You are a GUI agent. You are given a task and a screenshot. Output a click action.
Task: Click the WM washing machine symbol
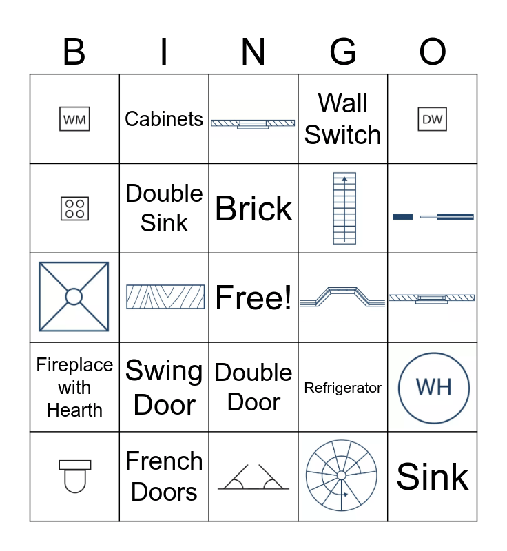tap(74, 119)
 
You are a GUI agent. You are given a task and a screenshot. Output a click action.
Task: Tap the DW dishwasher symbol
tap(432, 119)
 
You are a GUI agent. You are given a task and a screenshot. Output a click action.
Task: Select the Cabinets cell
tap(164, 119)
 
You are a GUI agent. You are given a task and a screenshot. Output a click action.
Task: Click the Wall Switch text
tap(343, 119)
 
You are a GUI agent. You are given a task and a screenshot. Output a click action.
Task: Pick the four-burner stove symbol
tap(74, 208)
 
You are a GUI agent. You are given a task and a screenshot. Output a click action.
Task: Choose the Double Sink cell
tap(164, 208)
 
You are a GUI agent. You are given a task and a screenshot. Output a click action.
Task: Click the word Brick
tap(253, 209)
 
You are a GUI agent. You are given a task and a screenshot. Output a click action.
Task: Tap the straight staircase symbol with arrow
tap(344, 208)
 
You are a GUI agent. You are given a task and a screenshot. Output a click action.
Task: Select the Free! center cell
tap(253, 298)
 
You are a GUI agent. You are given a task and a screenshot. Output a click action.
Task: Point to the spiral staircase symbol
tap(342, 476)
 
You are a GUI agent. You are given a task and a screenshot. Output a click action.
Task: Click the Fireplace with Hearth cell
tap(74, 388)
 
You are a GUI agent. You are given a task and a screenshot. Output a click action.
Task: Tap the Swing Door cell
tap(164, 388)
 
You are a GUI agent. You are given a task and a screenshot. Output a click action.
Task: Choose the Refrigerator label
tap(343, 388)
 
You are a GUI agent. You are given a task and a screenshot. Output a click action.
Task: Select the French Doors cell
tap(164, 477)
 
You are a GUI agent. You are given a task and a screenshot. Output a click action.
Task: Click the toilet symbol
tap(74, 476)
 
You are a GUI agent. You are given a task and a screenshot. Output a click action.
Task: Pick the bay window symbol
tap(342, 297)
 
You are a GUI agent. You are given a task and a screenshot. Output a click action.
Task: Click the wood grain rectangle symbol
tap(165, 297)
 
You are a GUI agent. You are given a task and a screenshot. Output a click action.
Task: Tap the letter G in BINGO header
tap(343, 52)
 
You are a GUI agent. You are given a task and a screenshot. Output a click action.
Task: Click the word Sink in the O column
tap(433, 477)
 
